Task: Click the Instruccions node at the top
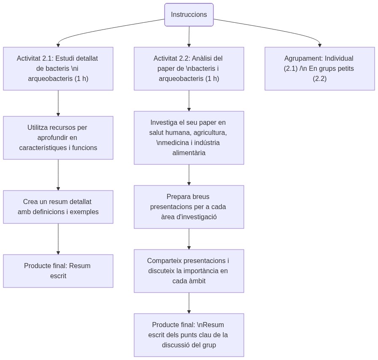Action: point(189,15)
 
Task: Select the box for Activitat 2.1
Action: point(58,69)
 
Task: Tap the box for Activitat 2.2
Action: point(189,69)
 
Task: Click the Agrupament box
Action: point(320,69)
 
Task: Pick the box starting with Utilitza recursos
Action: point(58,138)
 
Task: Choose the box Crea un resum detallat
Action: point(58,207)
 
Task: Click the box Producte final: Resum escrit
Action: point(58,271)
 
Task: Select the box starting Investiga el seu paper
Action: point(189,138)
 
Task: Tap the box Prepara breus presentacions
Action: point(189,207)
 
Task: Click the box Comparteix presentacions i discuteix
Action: point(189,271)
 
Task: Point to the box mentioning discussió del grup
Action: point(189,335)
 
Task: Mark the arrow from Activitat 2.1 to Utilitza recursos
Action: point(58,103)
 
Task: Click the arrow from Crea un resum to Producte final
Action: point(58,239)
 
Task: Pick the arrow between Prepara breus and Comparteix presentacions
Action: point(189,239)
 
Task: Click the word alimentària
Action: point(189,153)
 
